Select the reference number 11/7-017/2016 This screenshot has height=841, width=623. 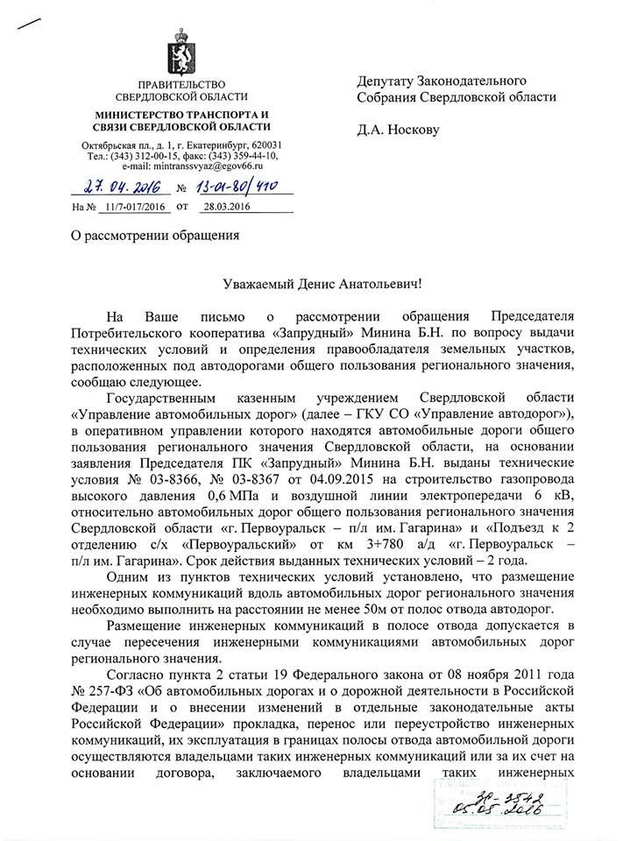[132, 208]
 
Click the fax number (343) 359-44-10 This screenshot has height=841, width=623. [243, 155]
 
